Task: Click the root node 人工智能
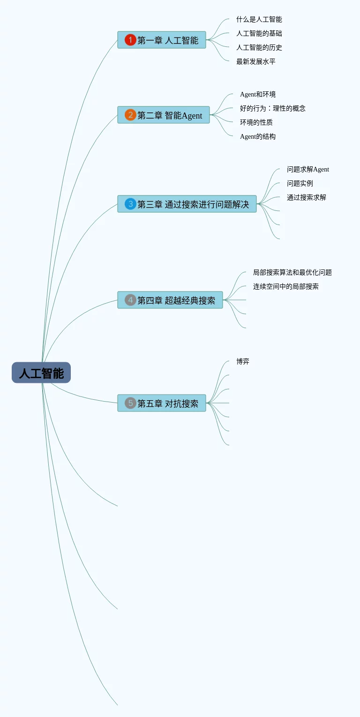[x=41, y=373]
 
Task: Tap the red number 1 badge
[x=130, y=40]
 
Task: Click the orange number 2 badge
[x=130, y=115]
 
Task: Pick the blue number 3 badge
[x=130, y=204]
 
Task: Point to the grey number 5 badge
[x=130, y=403]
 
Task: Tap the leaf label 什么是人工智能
[x=259, y=19]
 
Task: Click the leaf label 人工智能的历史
[x=259, y=47]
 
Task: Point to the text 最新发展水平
[x=255, y=61]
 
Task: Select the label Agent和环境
[x=257, y=94]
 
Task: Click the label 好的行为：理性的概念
[x=272, y=108]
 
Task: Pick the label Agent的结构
[x=257, y=136]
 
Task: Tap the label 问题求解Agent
[x=307, y=169]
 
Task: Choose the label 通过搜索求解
[x=306, y=197]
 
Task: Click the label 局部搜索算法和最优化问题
[x=292, y=272]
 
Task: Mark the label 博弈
[x=243, y=361]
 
